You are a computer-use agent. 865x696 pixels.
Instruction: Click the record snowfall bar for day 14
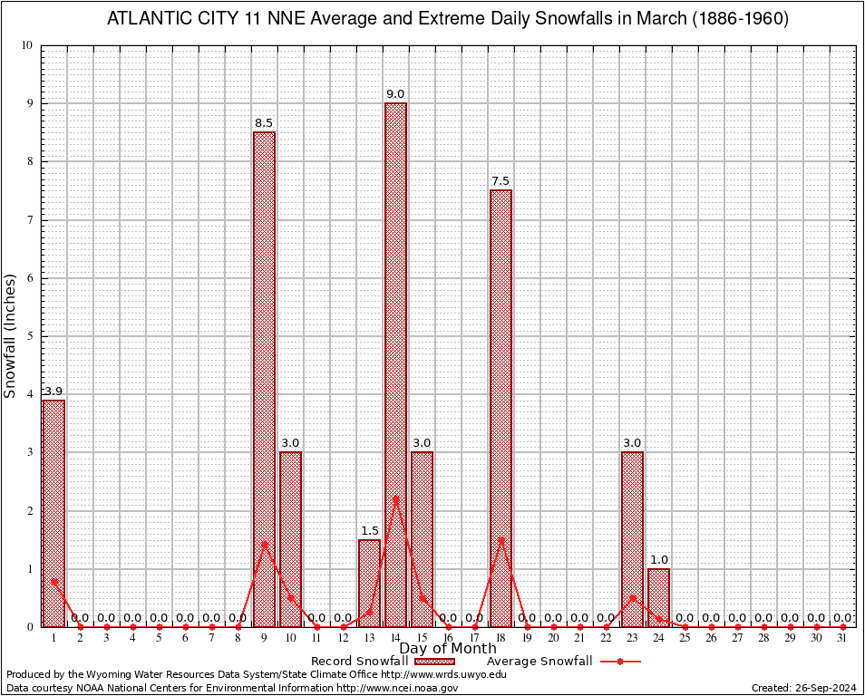395,362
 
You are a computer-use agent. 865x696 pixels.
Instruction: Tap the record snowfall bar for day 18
501,408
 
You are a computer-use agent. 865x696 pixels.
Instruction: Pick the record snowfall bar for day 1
53,513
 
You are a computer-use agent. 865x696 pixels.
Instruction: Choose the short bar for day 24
658,597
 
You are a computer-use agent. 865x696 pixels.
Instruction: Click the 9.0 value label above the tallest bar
395,94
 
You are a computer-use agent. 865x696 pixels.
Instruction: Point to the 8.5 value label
264,123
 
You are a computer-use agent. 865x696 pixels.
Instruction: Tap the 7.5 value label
501,181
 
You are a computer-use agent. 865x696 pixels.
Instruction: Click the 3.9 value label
53,391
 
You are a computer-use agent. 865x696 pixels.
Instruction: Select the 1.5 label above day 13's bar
369,531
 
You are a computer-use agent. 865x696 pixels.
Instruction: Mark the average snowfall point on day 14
395,499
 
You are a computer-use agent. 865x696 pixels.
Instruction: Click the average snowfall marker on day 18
501,540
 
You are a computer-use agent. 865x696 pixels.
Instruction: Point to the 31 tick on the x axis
842,639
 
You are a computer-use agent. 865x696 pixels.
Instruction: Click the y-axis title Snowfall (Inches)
11,335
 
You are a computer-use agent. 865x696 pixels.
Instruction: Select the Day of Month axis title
448,648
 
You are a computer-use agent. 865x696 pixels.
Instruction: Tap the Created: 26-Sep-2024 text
803,689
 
